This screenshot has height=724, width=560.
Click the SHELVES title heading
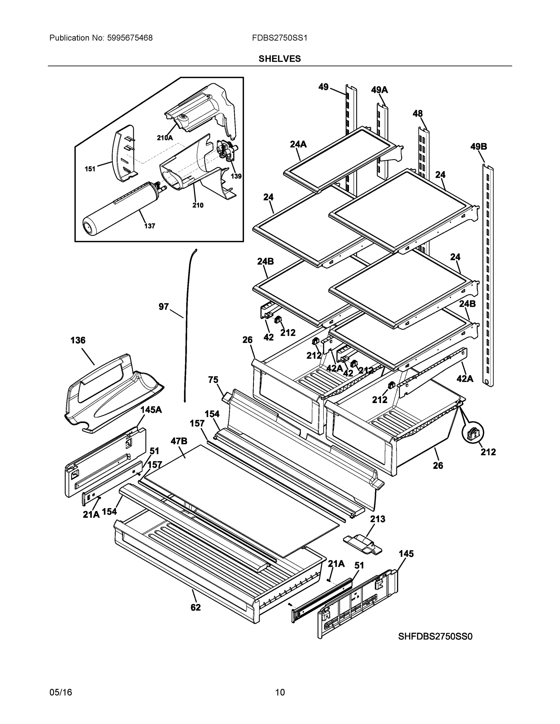coord(279,59)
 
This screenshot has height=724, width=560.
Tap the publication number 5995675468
coord(130,38)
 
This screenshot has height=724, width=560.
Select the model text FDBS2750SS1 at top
coord(279,38)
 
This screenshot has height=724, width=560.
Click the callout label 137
coord(149,226)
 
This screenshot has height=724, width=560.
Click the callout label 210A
coord(165,138)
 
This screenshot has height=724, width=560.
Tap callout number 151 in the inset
coord(90,169)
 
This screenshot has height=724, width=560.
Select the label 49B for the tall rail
coord(478,146)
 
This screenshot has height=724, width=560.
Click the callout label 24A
coord(298,144)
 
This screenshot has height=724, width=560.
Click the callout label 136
coord(78,341)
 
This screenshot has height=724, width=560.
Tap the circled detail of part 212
coord(473,433)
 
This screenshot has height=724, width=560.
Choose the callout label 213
coord(378,519)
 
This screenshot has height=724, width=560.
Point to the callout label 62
coord(195,607)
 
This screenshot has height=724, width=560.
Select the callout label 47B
coord(179,441)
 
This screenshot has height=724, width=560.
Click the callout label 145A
coord(151,410)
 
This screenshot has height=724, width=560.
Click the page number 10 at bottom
coord(280,693)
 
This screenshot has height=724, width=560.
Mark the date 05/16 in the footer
coord(61,693)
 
